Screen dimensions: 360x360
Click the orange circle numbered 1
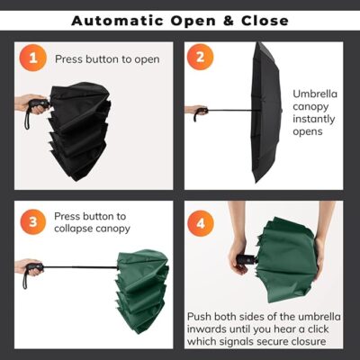click(x=32, y=58)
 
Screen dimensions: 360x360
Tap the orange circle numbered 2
click(x=200, y=57)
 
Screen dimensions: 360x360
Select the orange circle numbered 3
click(x=33, y=222)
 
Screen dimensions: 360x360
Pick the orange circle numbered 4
click(x=201, y=223)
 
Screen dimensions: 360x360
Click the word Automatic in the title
click(x=117, y=21)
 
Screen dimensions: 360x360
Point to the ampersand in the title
click(x=228, y=21)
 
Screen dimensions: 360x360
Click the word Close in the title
click(x=265, y=21)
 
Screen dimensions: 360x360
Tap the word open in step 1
click(x=147, y=60)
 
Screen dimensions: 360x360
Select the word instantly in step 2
click(x=314, y=119)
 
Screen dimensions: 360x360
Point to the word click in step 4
click(x=316, y=329)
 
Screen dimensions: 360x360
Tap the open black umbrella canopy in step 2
click(x=266, y=112)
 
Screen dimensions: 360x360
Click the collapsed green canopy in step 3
click(x=141, y=291)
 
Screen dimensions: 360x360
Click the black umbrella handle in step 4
click(x=247, y=259)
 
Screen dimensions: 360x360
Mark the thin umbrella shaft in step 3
click(x=80, y=266)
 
